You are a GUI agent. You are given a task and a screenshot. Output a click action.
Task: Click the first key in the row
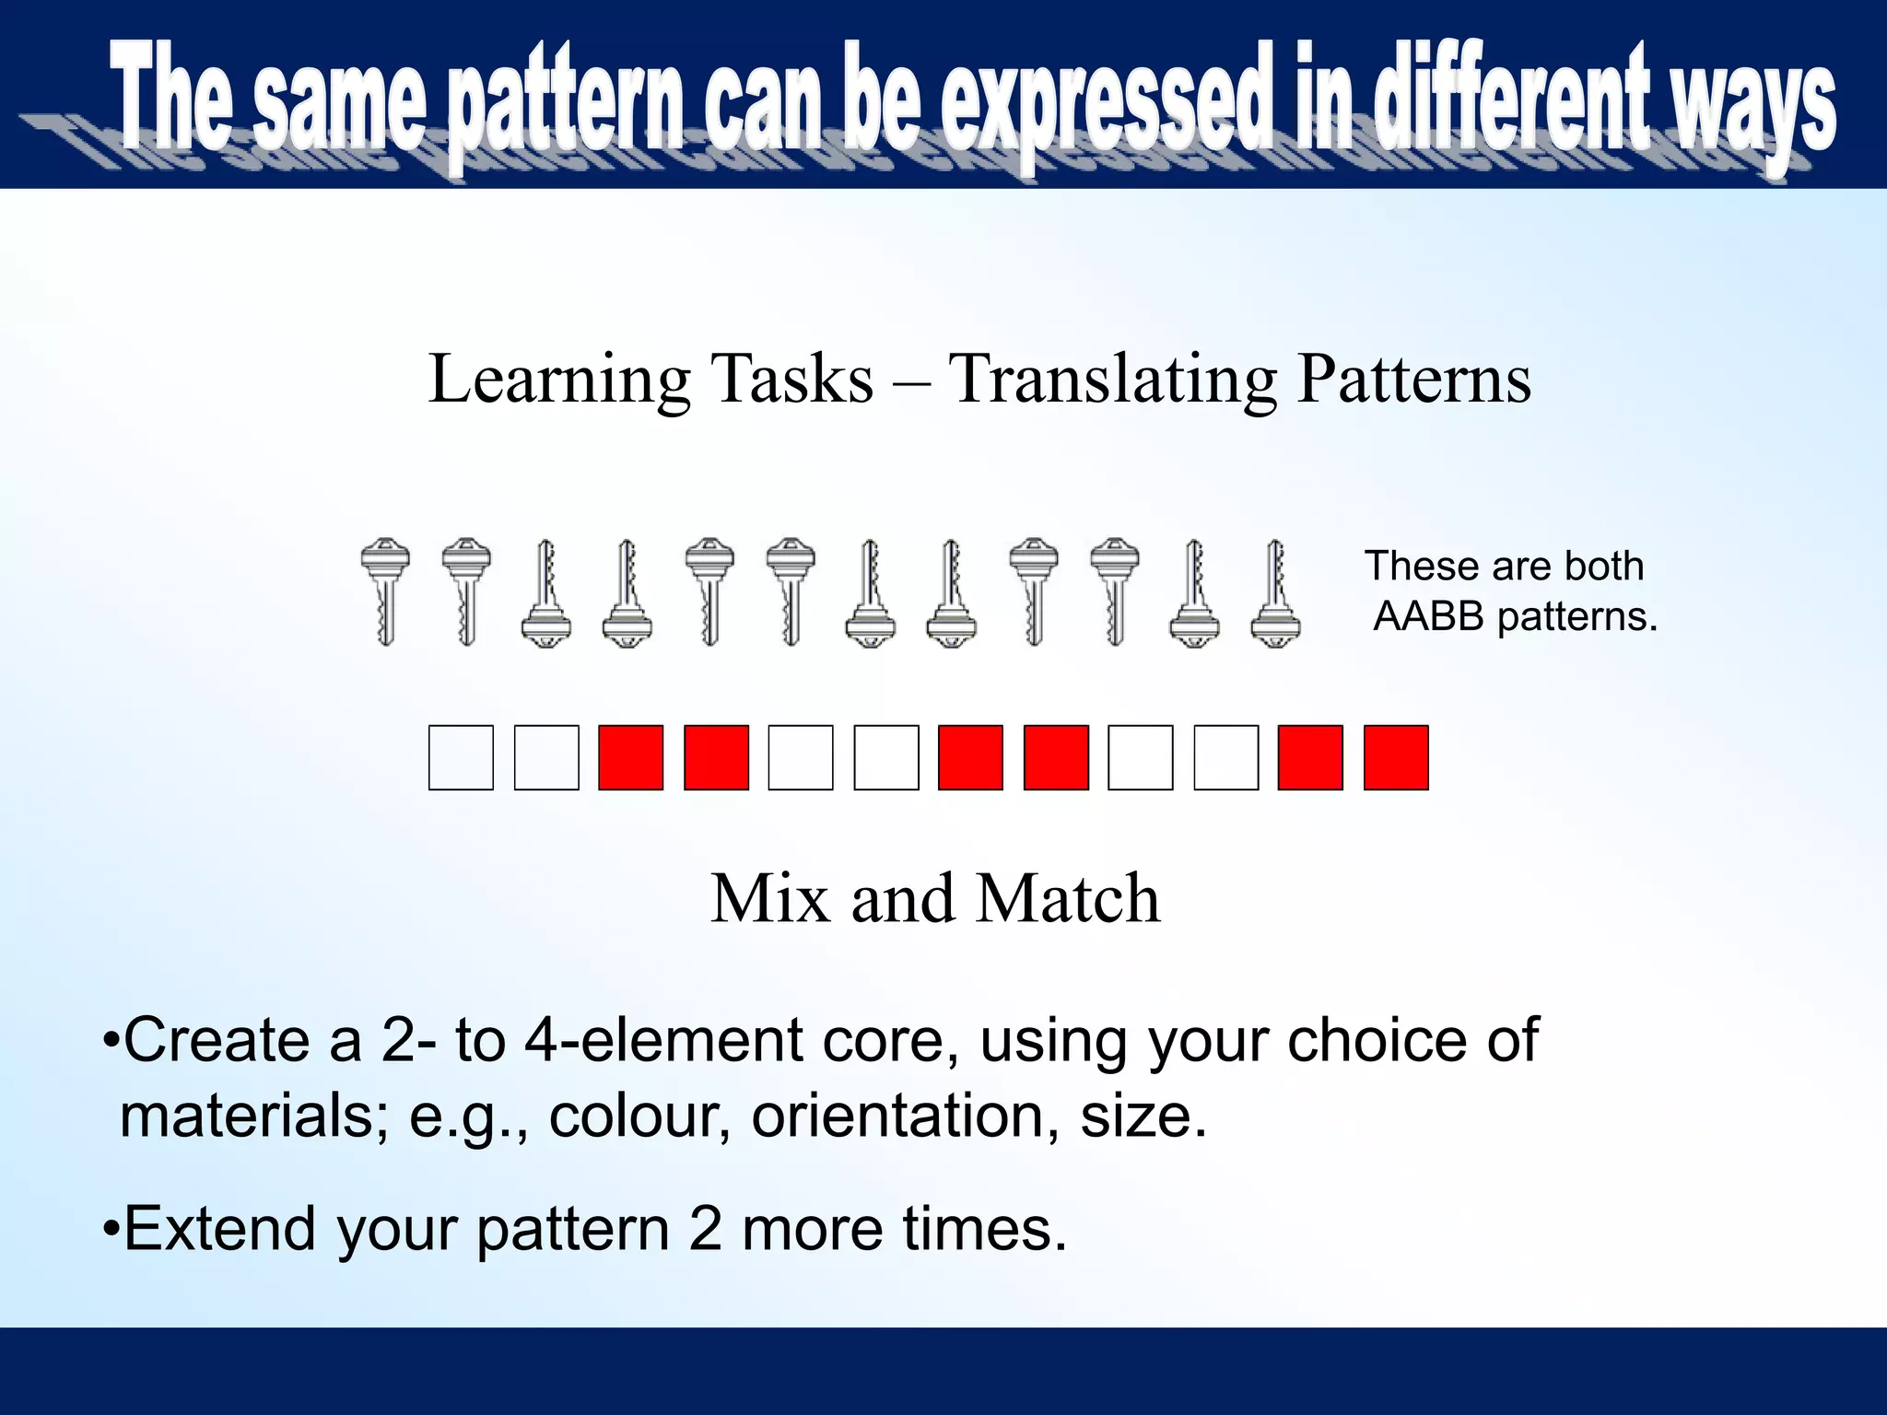point(385,591)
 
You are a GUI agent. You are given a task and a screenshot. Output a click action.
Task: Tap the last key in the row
point(1276,593)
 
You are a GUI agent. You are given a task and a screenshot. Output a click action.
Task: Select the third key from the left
point(546,593)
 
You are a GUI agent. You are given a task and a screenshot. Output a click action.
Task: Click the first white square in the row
point(461,757)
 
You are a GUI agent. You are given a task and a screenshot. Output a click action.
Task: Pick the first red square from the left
point(631,757)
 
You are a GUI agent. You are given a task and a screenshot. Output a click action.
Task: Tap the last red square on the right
point(1396,757)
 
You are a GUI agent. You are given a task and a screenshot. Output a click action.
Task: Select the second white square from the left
point(546,757)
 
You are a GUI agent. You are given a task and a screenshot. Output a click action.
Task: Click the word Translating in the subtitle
point(1113,380)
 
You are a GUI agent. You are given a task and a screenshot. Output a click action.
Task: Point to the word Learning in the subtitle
point(559,380)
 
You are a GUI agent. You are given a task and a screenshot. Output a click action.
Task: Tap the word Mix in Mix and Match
point(770,898)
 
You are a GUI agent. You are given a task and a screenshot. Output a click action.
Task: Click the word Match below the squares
point(1068,898)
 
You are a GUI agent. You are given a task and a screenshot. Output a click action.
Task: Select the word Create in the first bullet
point(217,1041)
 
